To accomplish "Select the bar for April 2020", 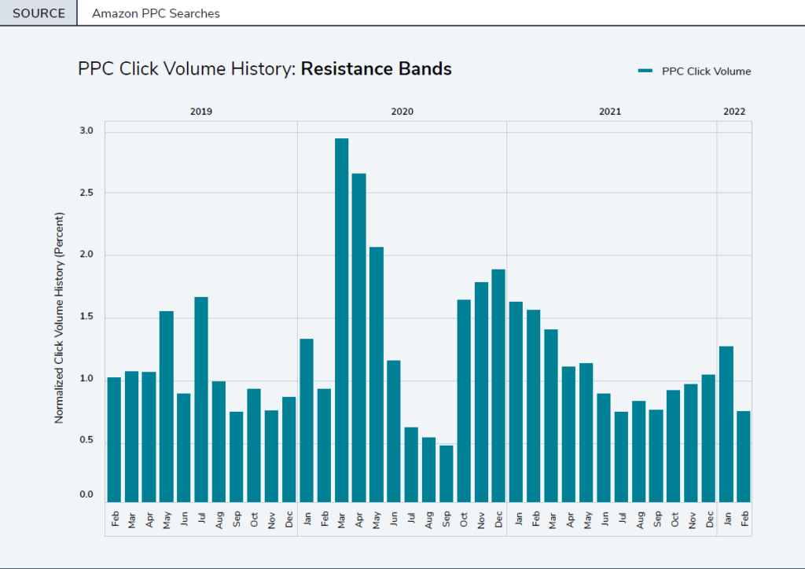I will (358, 338).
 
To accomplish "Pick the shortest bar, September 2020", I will (446, 474).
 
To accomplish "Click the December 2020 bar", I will (498, 386).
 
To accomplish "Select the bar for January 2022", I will (726, 424).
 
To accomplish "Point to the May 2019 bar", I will (167, 406).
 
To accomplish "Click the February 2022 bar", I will (744, 457).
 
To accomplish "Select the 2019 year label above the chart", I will (201, 112).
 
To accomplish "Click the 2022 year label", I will (734, 112).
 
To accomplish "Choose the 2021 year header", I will (610, 112).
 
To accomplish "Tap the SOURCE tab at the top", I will (39, 13).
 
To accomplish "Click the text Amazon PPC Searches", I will (156, 13).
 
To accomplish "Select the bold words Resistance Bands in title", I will (376, 69).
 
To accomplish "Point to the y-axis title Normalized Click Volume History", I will (59, 318).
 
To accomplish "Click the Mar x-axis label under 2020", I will (341, 519).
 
